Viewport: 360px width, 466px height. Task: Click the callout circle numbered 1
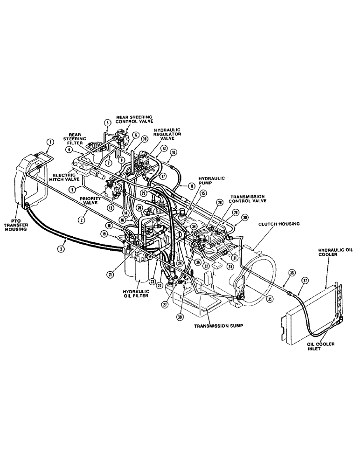tap(50, 142)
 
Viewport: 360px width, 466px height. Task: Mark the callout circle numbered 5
tap(107, 123)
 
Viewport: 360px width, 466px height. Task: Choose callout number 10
tap(173, 152)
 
